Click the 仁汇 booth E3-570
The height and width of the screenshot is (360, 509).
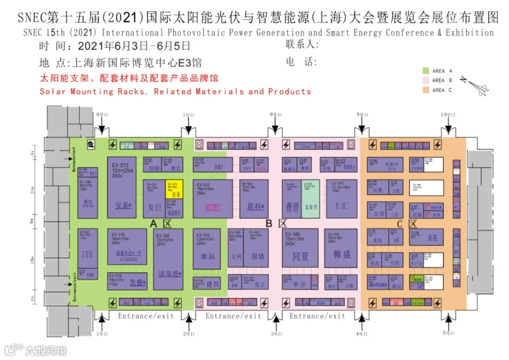point(341,198)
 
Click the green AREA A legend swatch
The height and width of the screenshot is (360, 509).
point(426,71)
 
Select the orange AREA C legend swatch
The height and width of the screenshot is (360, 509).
point(426,89)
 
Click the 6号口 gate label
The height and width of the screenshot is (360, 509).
point(101,115)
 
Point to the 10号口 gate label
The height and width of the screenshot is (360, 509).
point(448,115)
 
